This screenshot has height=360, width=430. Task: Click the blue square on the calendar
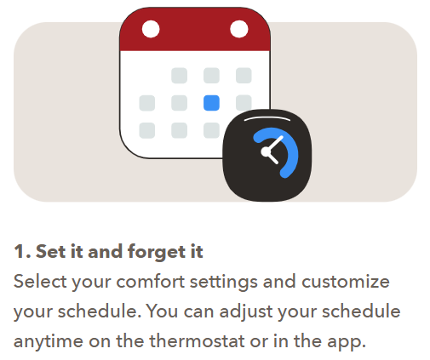[211, 103]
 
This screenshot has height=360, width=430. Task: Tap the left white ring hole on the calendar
[151, 29]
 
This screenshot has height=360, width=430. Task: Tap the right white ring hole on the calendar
[239, 29]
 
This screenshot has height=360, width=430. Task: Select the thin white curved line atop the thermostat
[267, 118]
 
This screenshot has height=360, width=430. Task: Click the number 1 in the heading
[20, 252]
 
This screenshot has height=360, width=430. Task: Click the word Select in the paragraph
[40, 282]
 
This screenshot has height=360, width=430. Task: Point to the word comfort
[151, 282]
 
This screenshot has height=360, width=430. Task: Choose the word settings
[224, 283]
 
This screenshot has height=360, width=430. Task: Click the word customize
[346, 282]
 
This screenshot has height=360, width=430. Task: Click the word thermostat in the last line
[197, 340]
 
